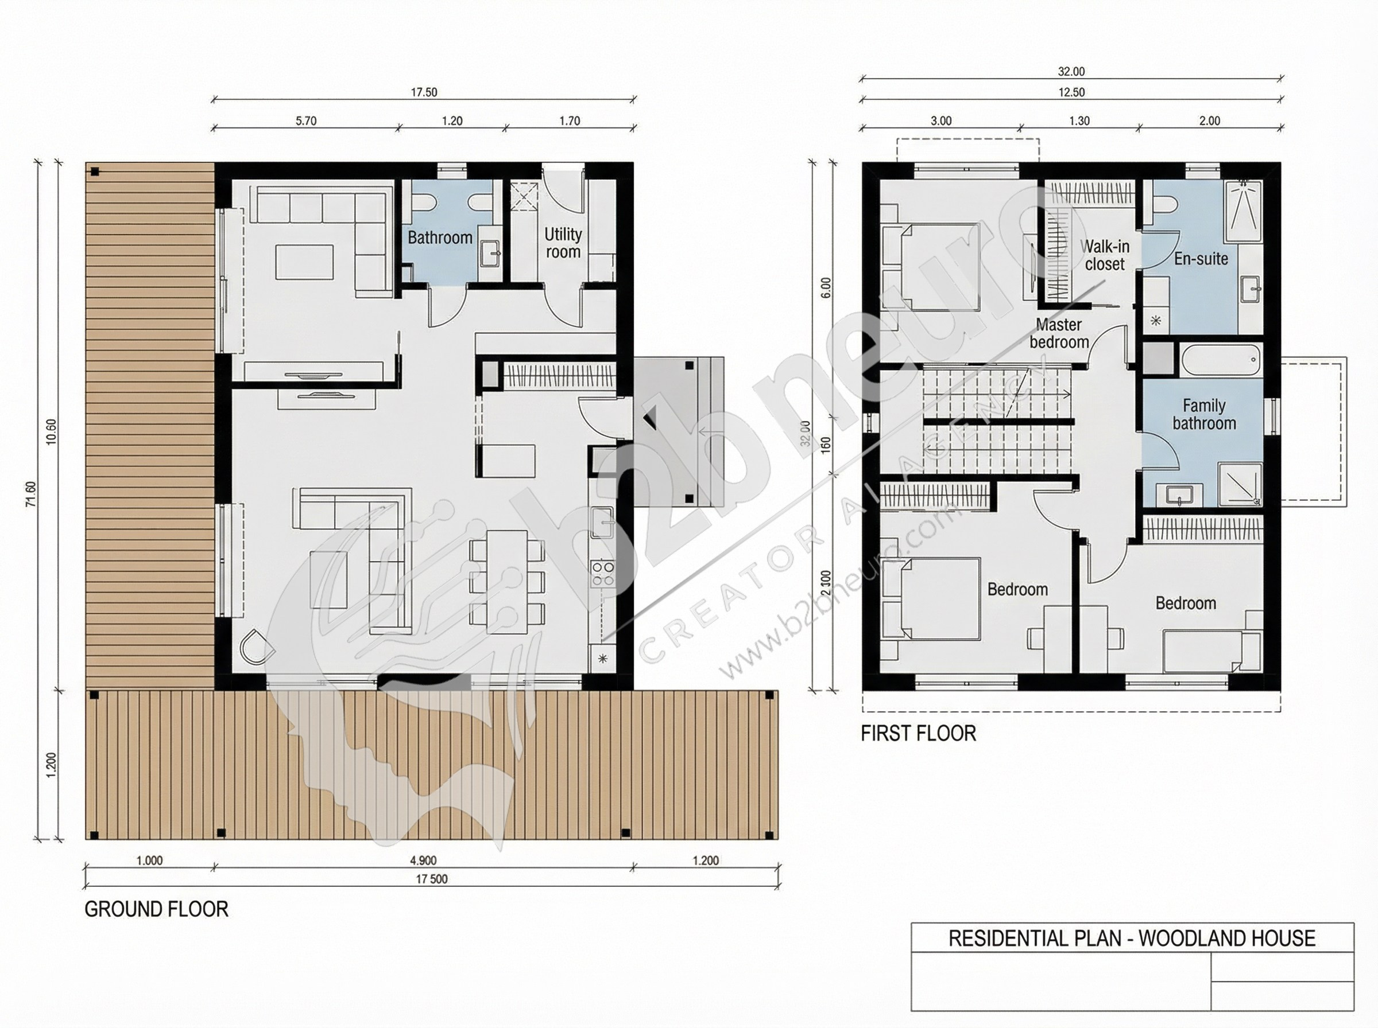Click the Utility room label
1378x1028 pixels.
click(563, 243)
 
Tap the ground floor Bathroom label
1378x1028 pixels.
click(440, 237)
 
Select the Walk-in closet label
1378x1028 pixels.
click(1105, 255)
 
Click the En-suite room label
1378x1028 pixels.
click(1201, 259)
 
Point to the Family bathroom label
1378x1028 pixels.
click(1204, 414)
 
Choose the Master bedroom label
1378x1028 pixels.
click(1059, 333)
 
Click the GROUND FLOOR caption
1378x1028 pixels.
click(156, 909)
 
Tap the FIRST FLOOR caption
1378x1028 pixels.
click(919, 733)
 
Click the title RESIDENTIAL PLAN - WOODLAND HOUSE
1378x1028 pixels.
click(1132, 939)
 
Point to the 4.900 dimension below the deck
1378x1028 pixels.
click(423, 860)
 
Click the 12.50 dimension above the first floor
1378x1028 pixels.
click(1071, 92)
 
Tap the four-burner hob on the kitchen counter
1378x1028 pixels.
click(602, 574)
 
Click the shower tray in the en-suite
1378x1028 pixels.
click(1244, 212)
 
